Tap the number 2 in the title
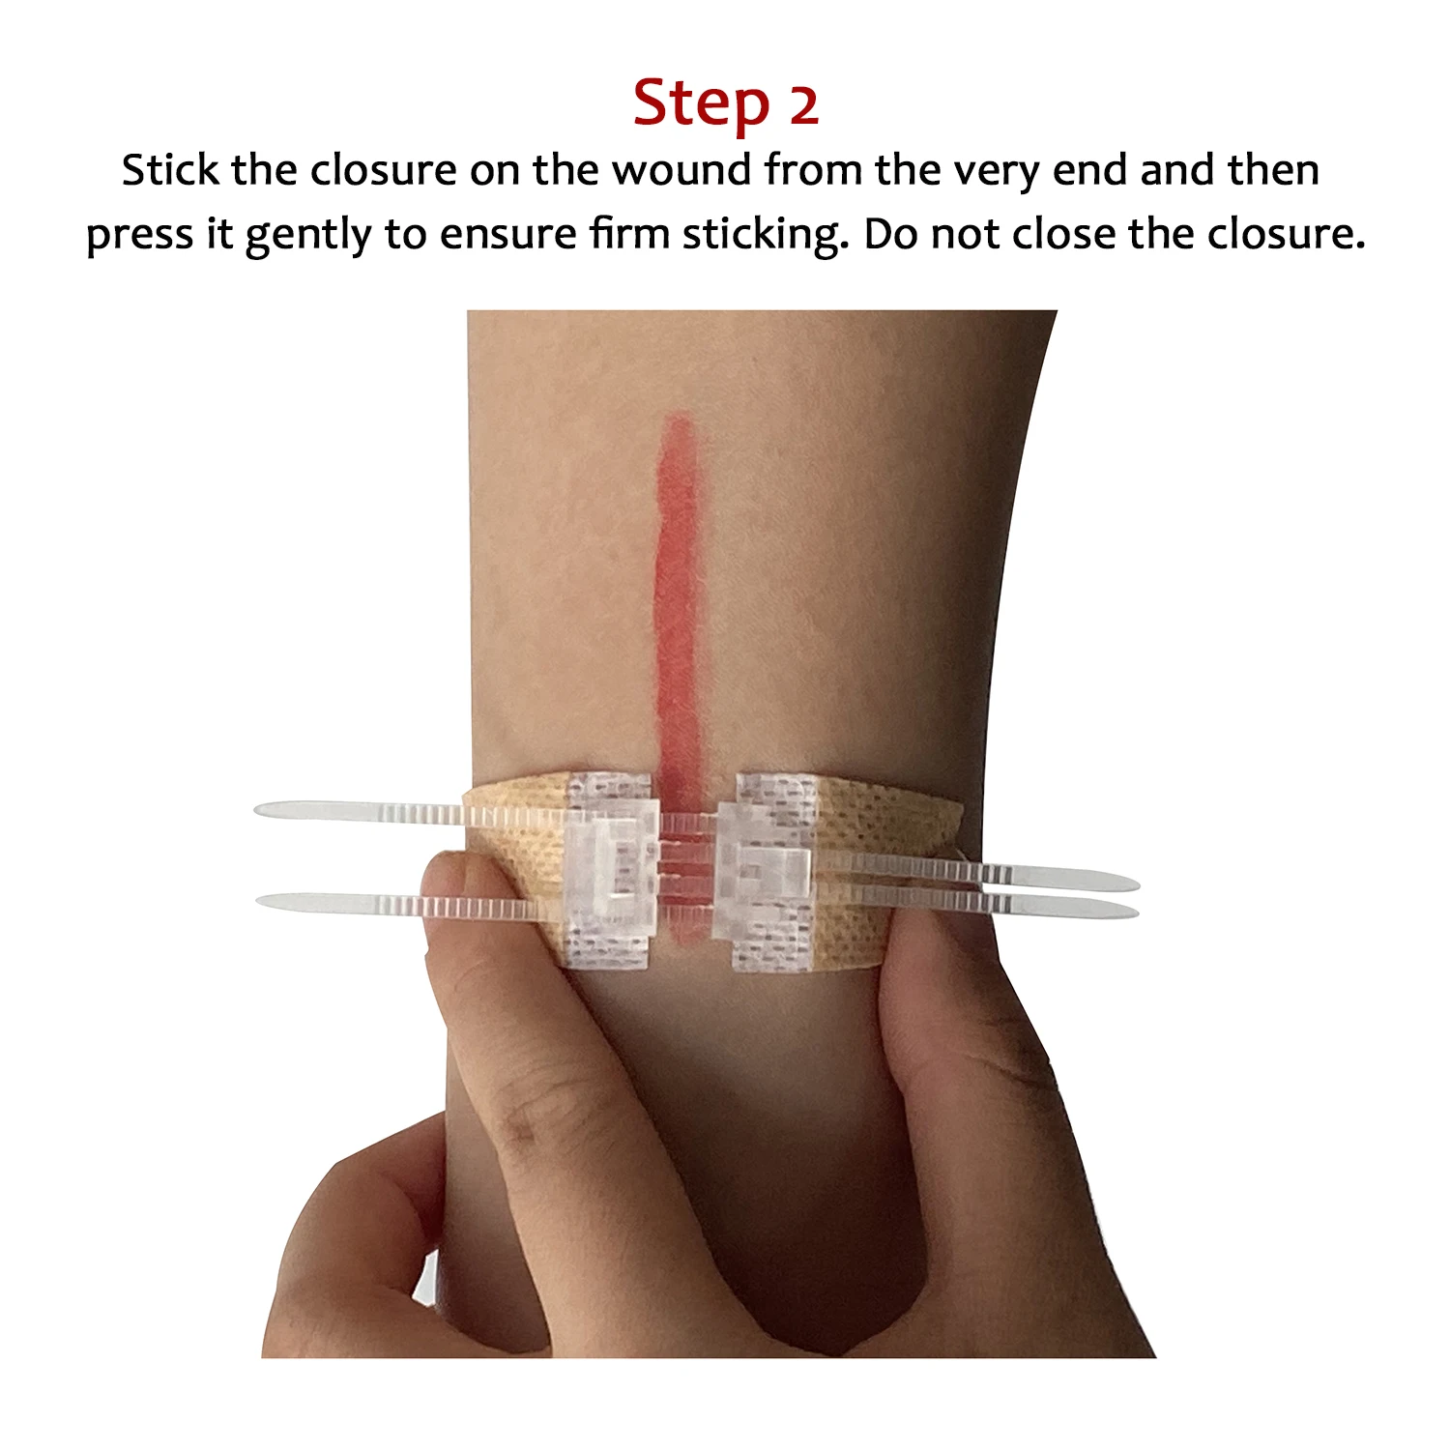[x=803, y=104]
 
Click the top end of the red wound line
[x=680, y=420]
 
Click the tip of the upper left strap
[x=261, y=808]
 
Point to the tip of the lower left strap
[x=263, y=901]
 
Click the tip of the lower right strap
[x=1133, y=912]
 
